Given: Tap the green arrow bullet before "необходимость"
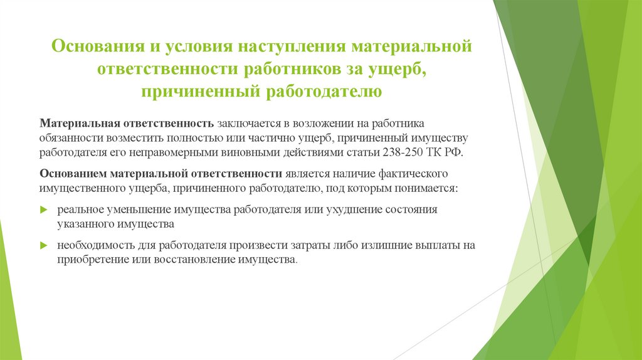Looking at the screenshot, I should pyautogui.click(x=43, y=245).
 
